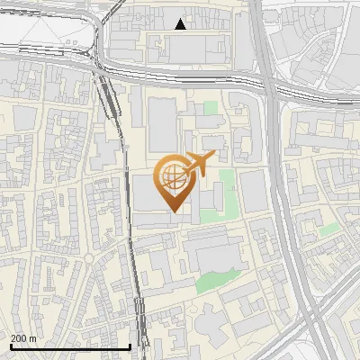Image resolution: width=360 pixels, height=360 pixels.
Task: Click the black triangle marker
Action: coord(181,24)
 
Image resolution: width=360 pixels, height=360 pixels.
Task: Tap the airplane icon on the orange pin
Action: coord(197,164)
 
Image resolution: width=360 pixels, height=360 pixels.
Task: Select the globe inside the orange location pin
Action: coord(171,177)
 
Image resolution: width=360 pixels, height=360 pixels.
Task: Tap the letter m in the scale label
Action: coord(33,338)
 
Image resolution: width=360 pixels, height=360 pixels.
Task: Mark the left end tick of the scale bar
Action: coord(10,346)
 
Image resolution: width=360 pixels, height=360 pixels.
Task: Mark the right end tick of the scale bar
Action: coord(130,346)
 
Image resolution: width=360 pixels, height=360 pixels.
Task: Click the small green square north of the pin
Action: coord(211,109)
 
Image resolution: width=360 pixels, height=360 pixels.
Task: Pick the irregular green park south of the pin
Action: coord(212,281)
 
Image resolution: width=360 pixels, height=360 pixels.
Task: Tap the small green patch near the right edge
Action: coord(329,230)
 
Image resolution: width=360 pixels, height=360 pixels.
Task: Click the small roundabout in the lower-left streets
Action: coord(89,260)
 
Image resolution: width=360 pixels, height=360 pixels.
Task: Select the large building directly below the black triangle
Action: coord(198,49)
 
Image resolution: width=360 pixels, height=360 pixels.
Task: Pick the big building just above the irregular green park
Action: coord(214,247)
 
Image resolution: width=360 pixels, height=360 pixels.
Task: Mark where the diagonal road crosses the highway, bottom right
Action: coord(310,310)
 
